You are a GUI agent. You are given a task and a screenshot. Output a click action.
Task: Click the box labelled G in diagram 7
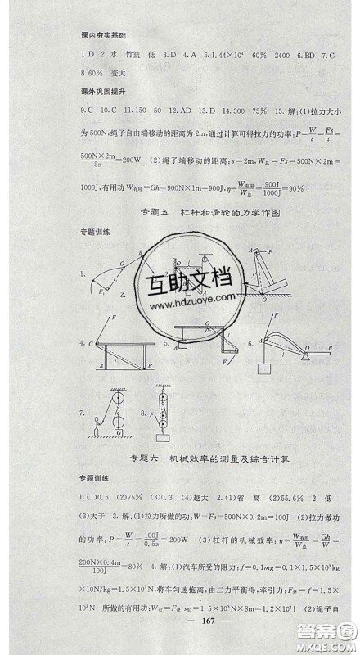[x=120, y=431]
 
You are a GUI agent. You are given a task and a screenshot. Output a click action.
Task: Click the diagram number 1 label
[x=83, y=276]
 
